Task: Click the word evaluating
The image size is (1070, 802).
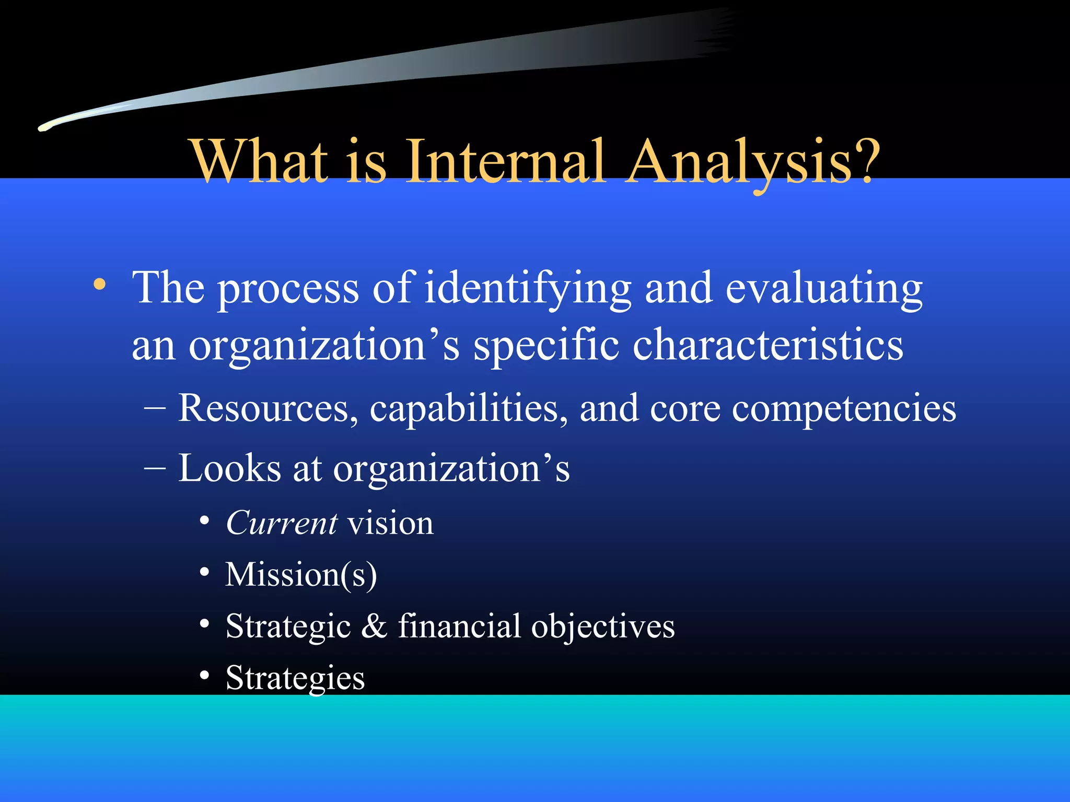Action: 824,289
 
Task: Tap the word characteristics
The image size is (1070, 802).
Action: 768,346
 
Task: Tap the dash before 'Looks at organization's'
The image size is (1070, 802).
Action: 155,467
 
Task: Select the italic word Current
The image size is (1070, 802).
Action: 282,523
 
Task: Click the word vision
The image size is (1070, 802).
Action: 390,523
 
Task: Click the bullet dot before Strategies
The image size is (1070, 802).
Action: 205,676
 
